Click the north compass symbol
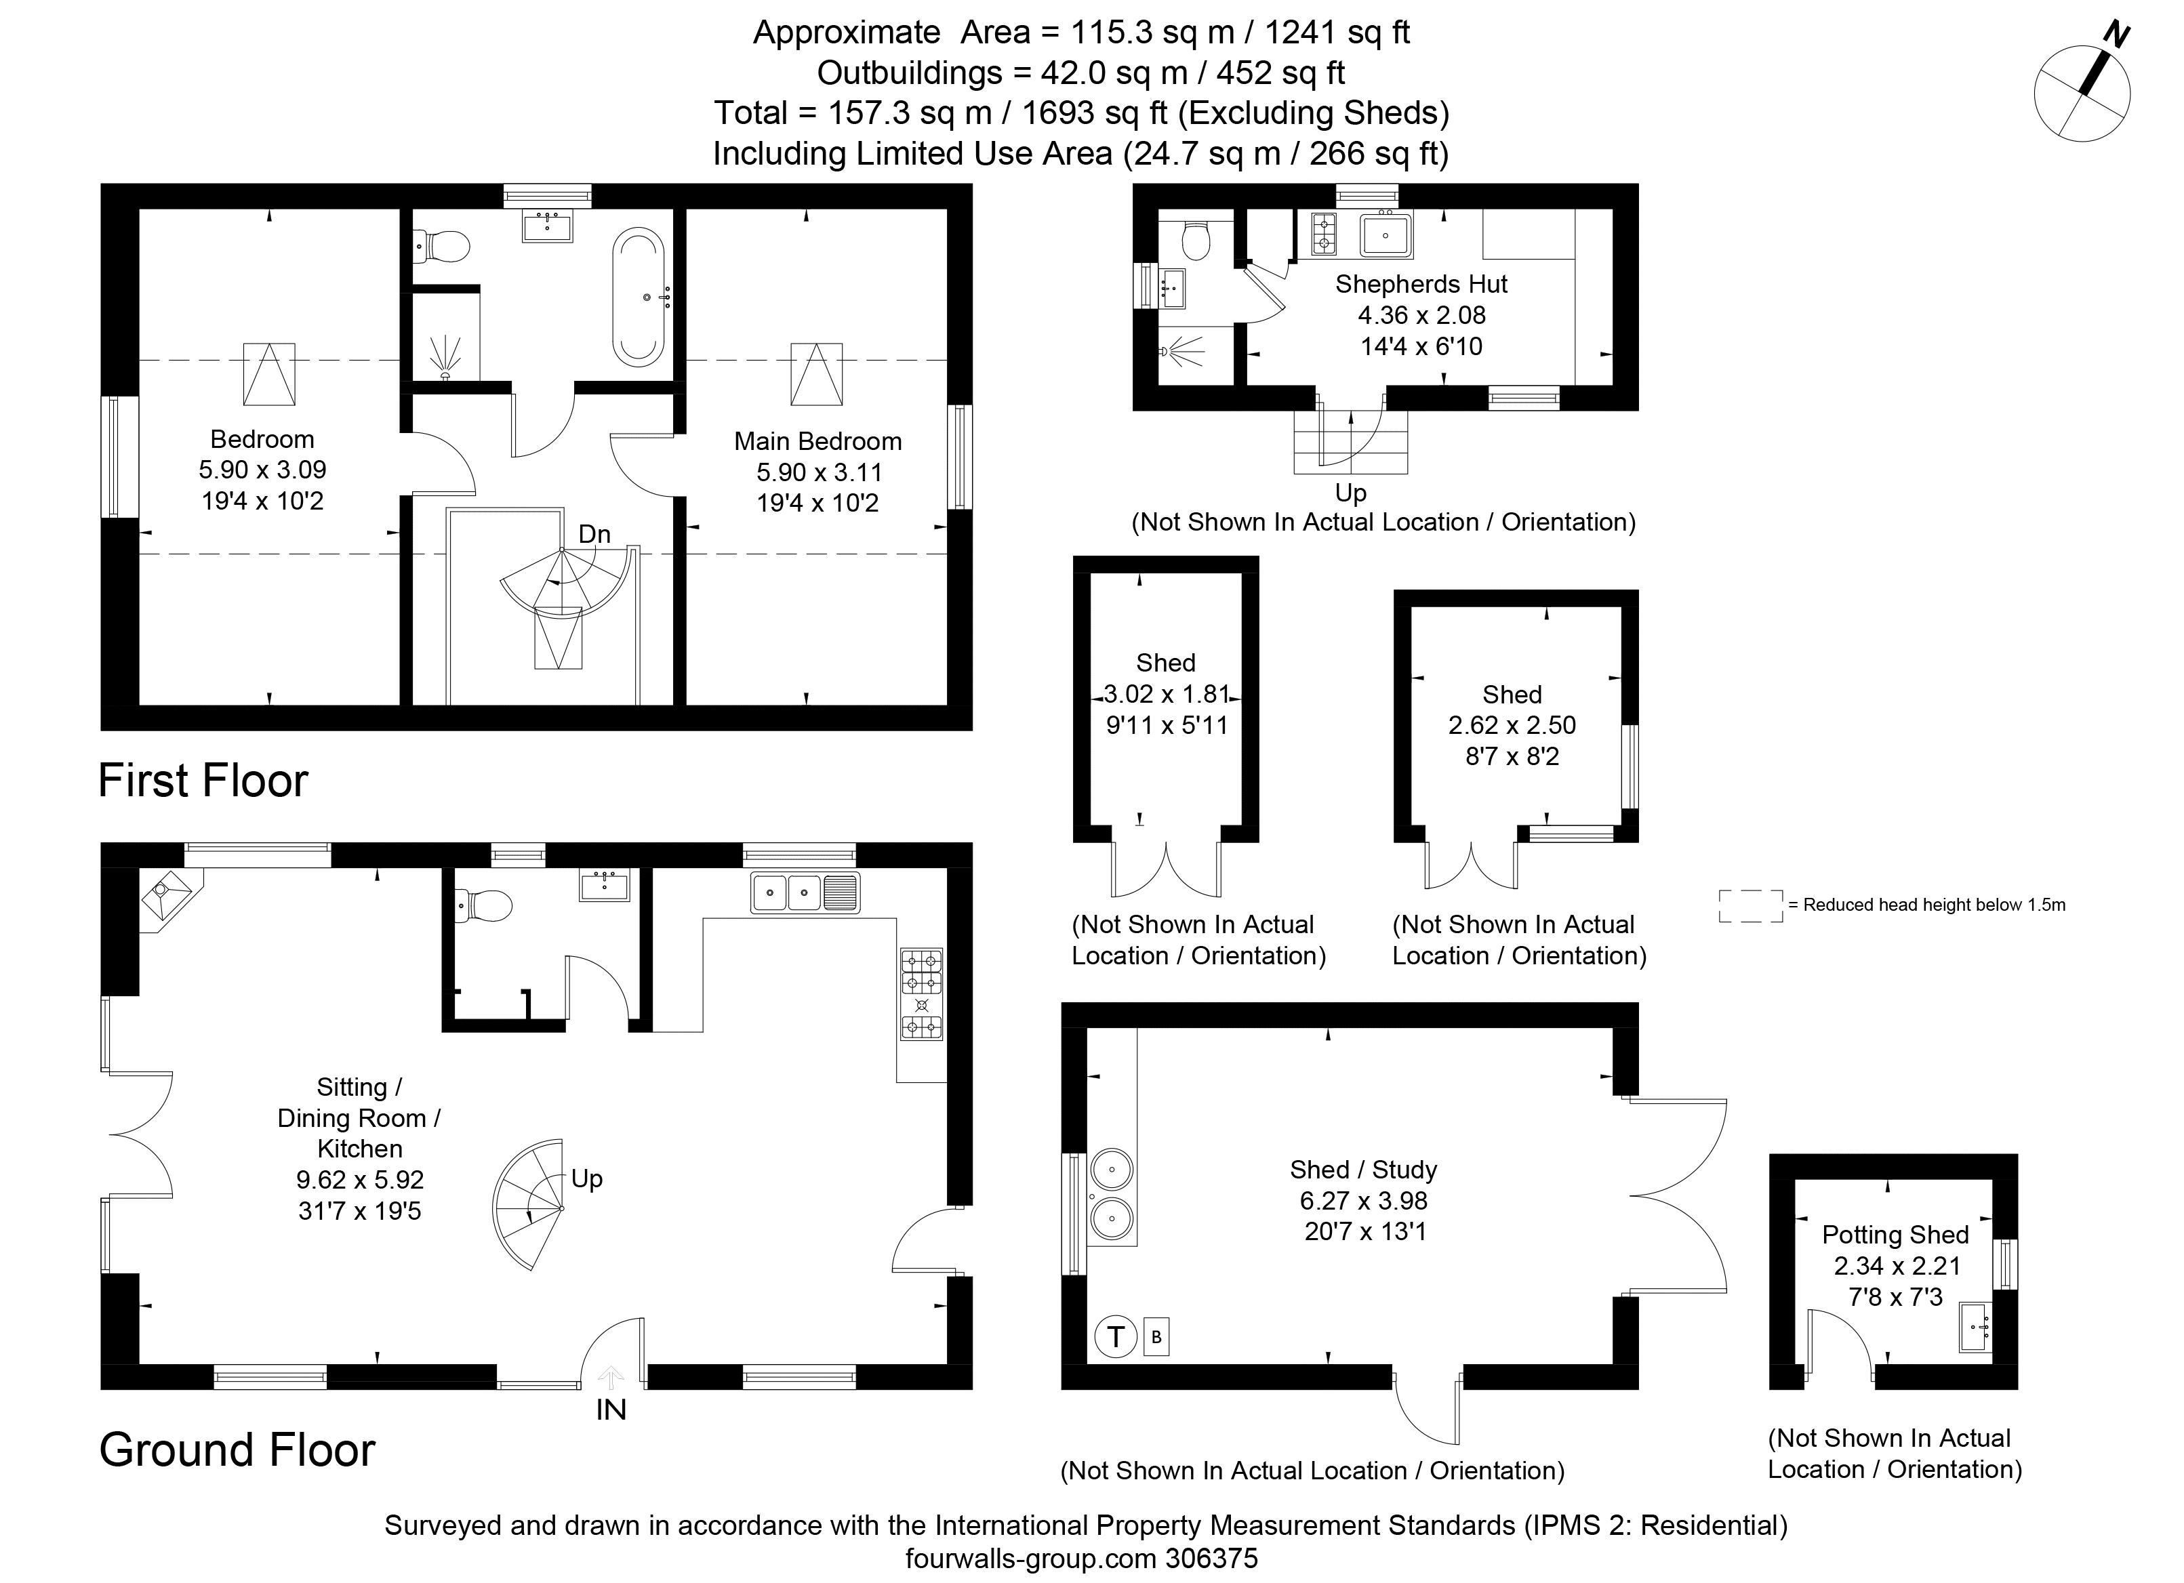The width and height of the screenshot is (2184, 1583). [2082, 91]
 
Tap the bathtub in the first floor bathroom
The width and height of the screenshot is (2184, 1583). [639, 297]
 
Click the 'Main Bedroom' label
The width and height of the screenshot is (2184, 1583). [817, 441]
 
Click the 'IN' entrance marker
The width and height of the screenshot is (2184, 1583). [611, 1410]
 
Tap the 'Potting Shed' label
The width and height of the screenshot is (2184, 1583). [1895, 1235]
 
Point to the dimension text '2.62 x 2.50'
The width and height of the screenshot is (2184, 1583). [1512, 725]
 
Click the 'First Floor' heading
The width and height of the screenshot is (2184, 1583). [203, 780]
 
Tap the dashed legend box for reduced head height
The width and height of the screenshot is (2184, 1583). [1751, 906]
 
